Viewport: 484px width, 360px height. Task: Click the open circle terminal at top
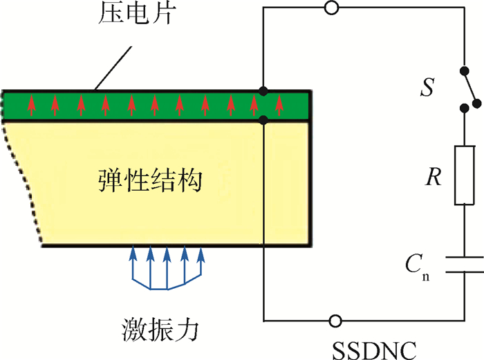(333, 8)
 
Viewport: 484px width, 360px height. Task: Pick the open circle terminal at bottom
(335, 321)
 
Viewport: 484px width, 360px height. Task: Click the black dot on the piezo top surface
(263, 91)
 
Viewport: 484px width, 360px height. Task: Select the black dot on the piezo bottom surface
(263, 120)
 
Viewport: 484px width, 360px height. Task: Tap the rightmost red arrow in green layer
(279, 106)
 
